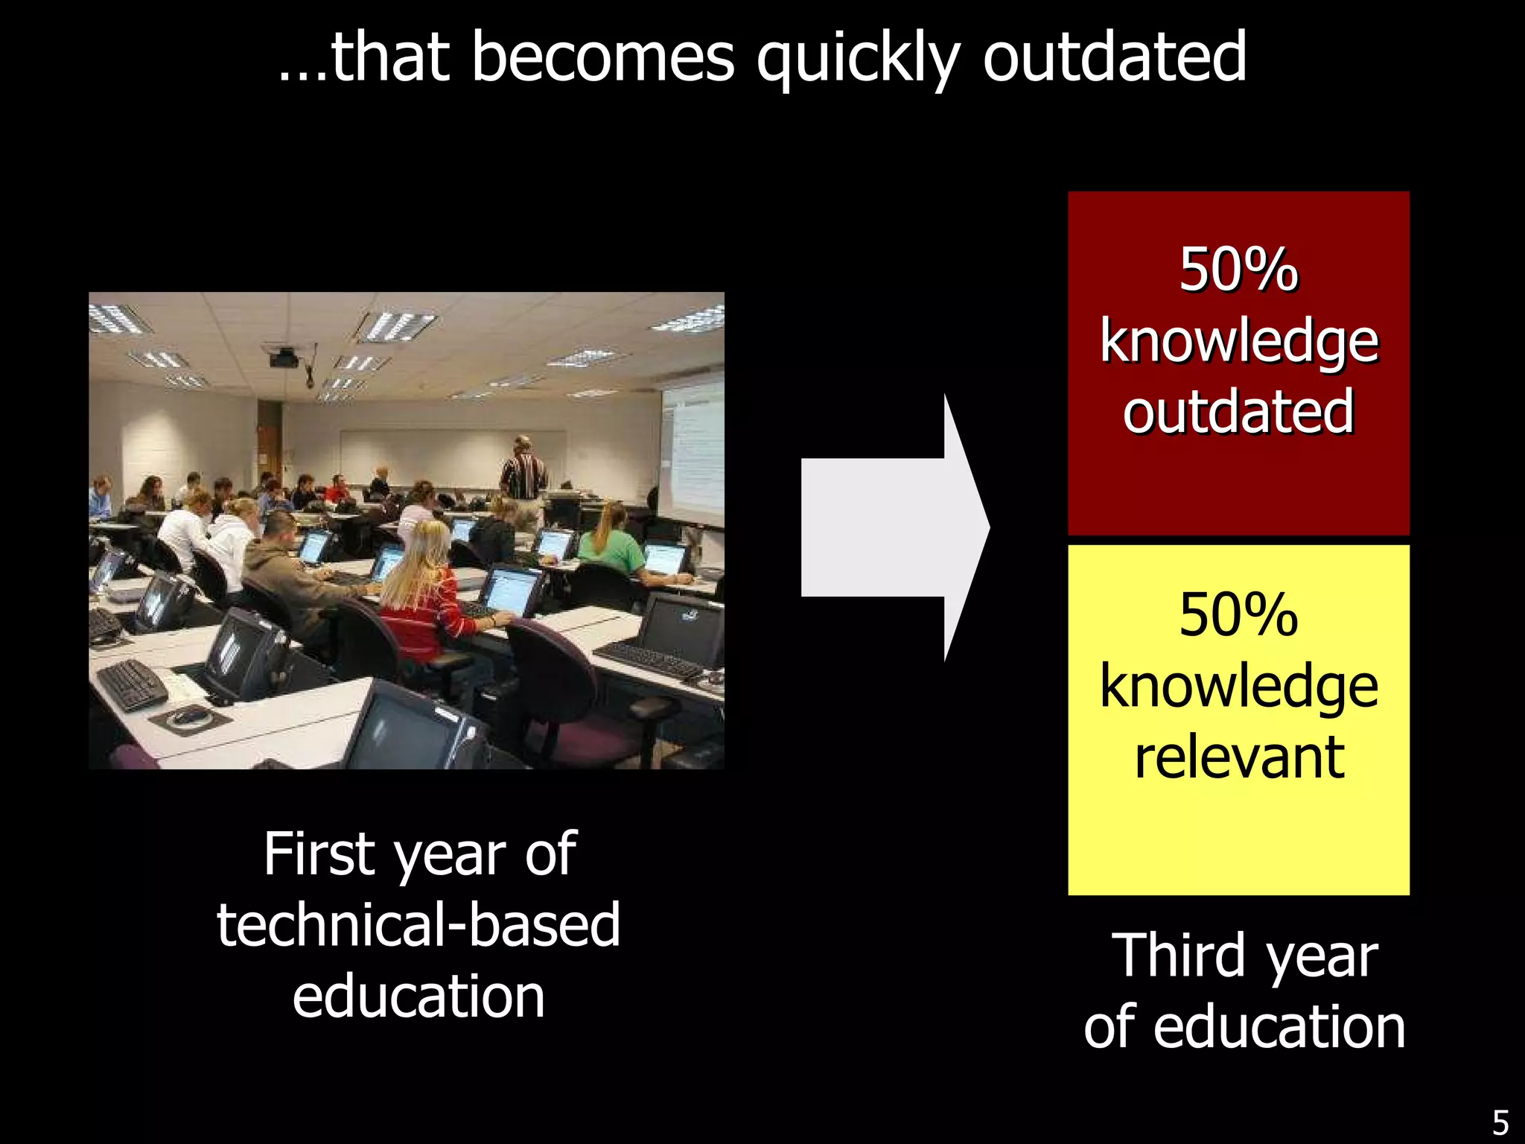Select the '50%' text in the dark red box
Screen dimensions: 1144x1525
coord(1238,270)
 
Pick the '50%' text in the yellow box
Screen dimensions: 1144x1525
coord(1238,615)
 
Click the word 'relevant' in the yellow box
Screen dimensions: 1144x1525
coord(1239,757)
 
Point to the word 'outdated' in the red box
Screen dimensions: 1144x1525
coord(1238,412)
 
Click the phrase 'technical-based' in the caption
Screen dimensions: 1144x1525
coord(418,924)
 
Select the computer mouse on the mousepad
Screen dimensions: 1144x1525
coord(190,716)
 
